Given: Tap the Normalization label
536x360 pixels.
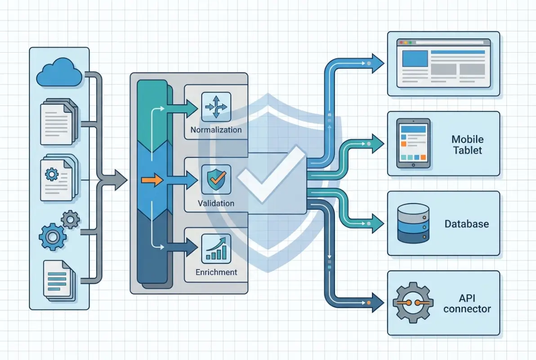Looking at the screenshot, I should [216, 130].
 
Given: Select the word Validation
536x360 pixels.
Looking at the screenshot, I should [216, 203].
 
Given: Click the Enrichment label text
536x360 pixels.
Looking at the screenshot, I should [216, 272].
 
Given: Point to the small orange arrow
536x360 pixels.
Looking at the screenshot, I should [152, 180].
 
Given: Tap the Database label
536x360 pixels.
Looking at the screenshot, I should [466, 224].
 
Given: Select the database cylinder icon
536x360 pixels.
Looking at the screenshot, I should [413, 223].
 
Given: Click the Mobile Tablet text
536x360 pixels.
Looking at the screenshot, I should [467, 145].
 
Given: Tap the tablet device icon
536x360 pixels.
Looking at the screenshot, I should [413, 143].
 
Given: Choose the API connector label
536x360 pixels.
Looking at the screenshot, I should [467, 304].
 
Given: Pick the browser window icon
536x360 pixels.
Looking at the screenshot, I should [443, 63].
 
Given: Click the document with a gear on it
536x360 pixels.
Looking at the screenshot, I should [56, 179].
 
